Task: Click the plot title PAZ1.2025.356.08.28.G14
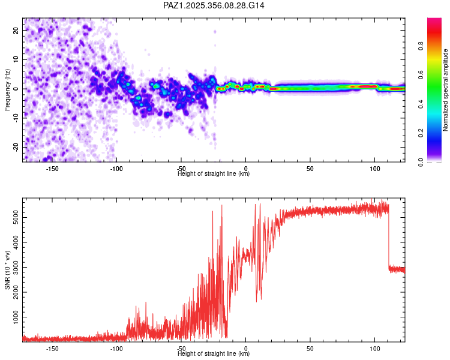(214, 5)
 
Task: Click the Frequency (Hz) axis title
(7, 90)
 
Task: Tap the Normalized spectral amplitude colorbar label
(446, 90)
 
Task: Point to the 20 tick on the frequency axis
(17, 30)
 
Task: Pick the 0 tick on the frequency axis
(19, 89)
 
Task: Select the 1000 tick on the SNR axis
(13, 314)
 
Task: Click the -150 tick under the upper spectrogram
(52, 169)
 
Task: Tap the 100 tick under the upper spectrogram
(375, 169)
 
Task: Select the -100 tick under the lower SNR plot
(116, 349)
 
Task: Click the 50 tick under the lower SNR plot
(310, 349)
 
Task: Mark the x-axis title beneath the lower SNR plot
(214, 354)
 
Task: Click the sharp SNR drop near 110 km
(389, 240)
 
